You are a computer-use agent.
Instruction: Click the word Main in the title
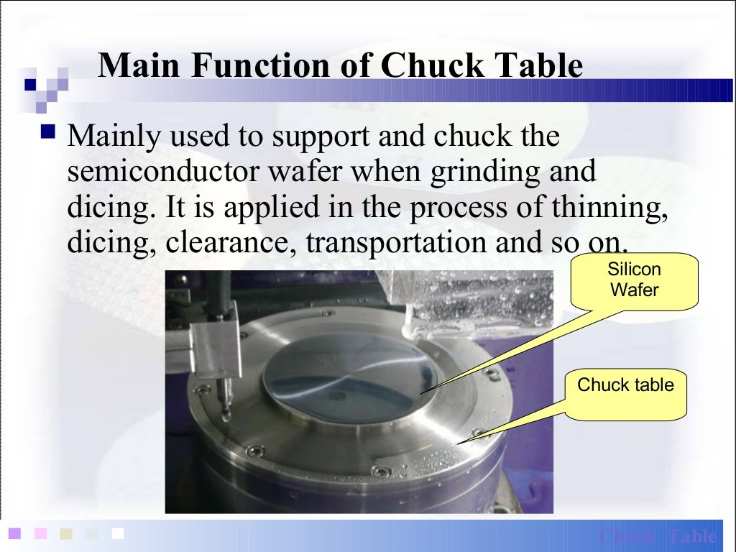[137, 66]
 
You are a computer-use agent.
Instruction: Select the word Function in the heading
[245, 66]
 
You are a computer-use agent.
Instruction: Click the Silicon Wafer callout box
[635, 280]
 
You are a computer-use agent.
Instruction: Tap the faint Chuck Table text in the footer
[658, 536]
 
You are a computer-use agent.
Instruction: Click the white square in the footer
[118, 533]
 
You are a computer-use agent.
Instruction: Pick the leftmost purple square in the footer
[14, 533]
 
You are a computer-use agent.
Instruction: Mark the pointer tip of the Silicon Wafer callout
[420, 392]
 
